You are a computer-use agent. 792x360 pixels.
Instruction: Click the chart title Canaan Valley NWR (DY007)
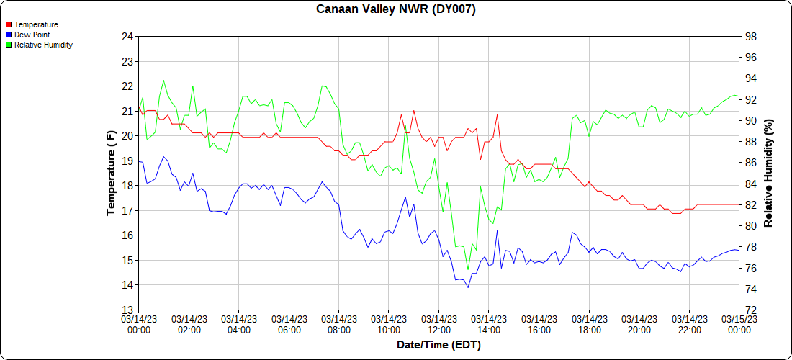395,9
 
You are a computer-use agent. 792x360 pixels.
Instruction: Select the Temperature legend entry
36,24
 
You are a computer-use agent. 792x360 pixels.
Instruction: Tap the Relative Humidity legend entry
43,45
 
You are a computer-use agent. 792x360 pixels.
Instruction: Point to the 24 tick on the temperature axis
127,37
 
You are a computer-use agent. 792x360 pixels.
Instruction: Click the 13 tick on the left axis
127,310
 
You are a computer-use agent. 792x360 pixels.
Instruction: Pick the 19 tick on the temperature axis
127,161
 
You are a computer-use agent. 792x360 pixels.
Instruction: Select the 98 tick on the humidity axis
750,37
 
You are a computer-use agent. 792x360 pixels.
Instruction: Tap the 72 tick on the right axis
750,310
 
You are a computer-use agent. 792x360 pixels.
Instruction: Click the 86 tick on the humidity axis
750,163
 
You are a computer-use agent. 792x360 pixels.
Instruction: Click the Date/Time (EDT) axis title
438,345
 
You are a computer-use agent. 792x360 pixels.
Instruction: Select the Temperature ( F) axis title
111,173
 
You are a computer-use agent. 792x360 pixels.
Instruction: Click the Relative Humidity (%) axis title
768,173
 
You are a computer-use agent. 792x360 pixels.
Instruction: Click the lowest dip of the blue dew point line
468,287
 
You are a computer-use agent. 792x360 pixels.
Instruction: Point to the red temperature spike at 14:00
497,115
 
